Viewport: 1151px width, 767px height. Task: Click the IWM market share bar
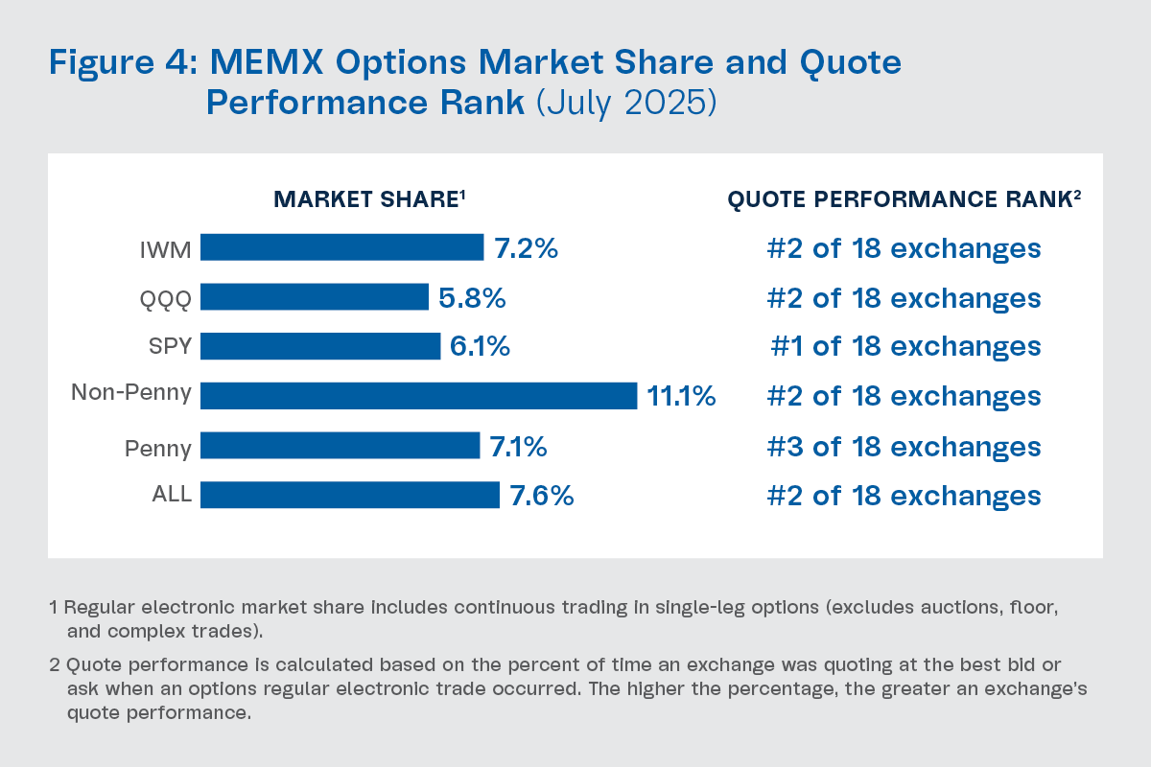point(341,247)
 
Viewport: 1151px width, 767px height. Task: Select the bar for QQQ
point(314,297)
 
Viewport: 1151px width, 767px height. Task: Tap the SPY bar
point(320,346)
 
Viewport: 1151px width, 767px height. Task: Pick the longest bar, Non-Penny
point(418,396)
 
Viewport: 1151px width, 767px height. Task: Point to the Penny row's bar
point(340,446)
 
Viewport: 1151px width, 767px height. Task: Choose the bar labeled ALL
point(349,495)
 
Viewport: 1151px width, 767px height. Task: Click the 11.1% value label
point(681,396)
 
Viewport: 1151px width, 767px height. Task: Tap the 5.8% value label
point(472,297)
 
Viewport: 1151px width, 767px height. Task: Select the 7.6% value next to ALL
point(542,495)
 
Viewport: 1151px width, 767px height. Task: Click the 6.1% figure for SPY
point(480,346)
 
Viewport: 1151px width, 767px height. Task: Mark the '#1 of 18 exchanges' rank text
point(905,346)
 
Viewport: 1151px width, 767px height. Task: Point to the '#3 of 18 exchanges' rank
point(904,446)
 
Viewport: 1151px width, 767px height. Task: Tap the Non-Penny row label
point(131,392)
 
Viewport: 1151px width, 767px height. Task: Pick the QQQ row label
point(165,298)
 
